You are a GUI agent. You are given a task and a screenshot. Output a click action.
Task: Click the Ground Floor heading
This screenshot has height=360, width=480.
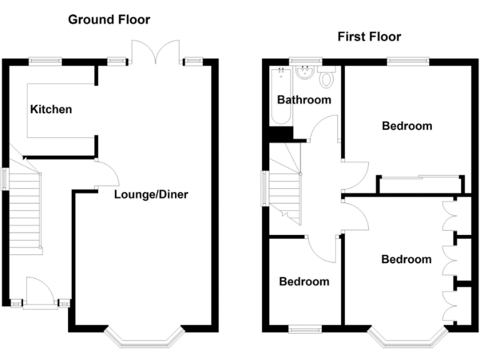pos(109,19)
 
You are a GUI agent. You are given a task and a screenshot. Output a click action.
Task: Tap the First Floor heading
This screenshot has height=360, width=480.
pos(369,36)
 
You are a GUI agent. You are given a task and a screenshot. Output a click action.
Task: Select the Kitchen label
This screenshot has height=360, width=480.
pos(51,109)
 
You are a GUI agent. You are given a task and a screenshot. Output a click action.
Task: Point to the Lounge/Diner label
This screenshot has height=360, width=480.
pos(151,194)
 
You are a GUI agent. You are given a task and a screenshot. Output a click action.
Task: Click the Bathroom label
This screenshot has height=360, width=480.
pos(304,100)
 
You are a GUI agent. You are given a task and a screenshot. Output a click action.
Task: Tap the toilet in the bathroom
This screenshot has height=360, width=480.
pos(326,79)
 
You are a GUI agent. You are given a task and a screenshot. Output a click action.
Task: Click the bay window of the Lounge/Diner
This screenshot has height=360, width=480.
pos(144,338)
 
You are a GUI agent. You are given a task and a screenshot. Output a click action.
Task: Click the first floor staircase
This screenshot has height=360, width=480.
pos(285,187)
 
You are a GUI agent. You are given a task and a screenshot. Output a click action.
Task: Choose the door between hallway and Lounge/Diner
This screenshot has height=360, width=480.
pos(106,174)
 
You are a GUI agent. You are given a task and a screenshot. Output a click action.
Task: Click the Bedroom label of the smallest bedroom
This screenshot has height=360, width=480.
pos(304,281)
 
